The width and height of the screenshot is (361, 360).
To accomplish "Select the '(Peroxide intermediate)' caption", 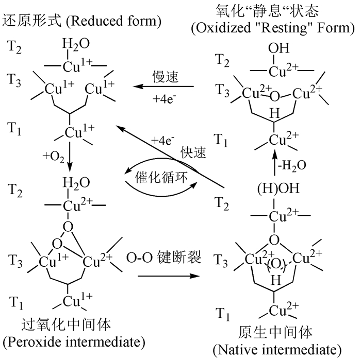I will coord(74,342).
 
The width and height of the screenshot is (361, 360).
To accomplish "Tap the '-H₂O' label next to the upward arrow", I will coord(292,165).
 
